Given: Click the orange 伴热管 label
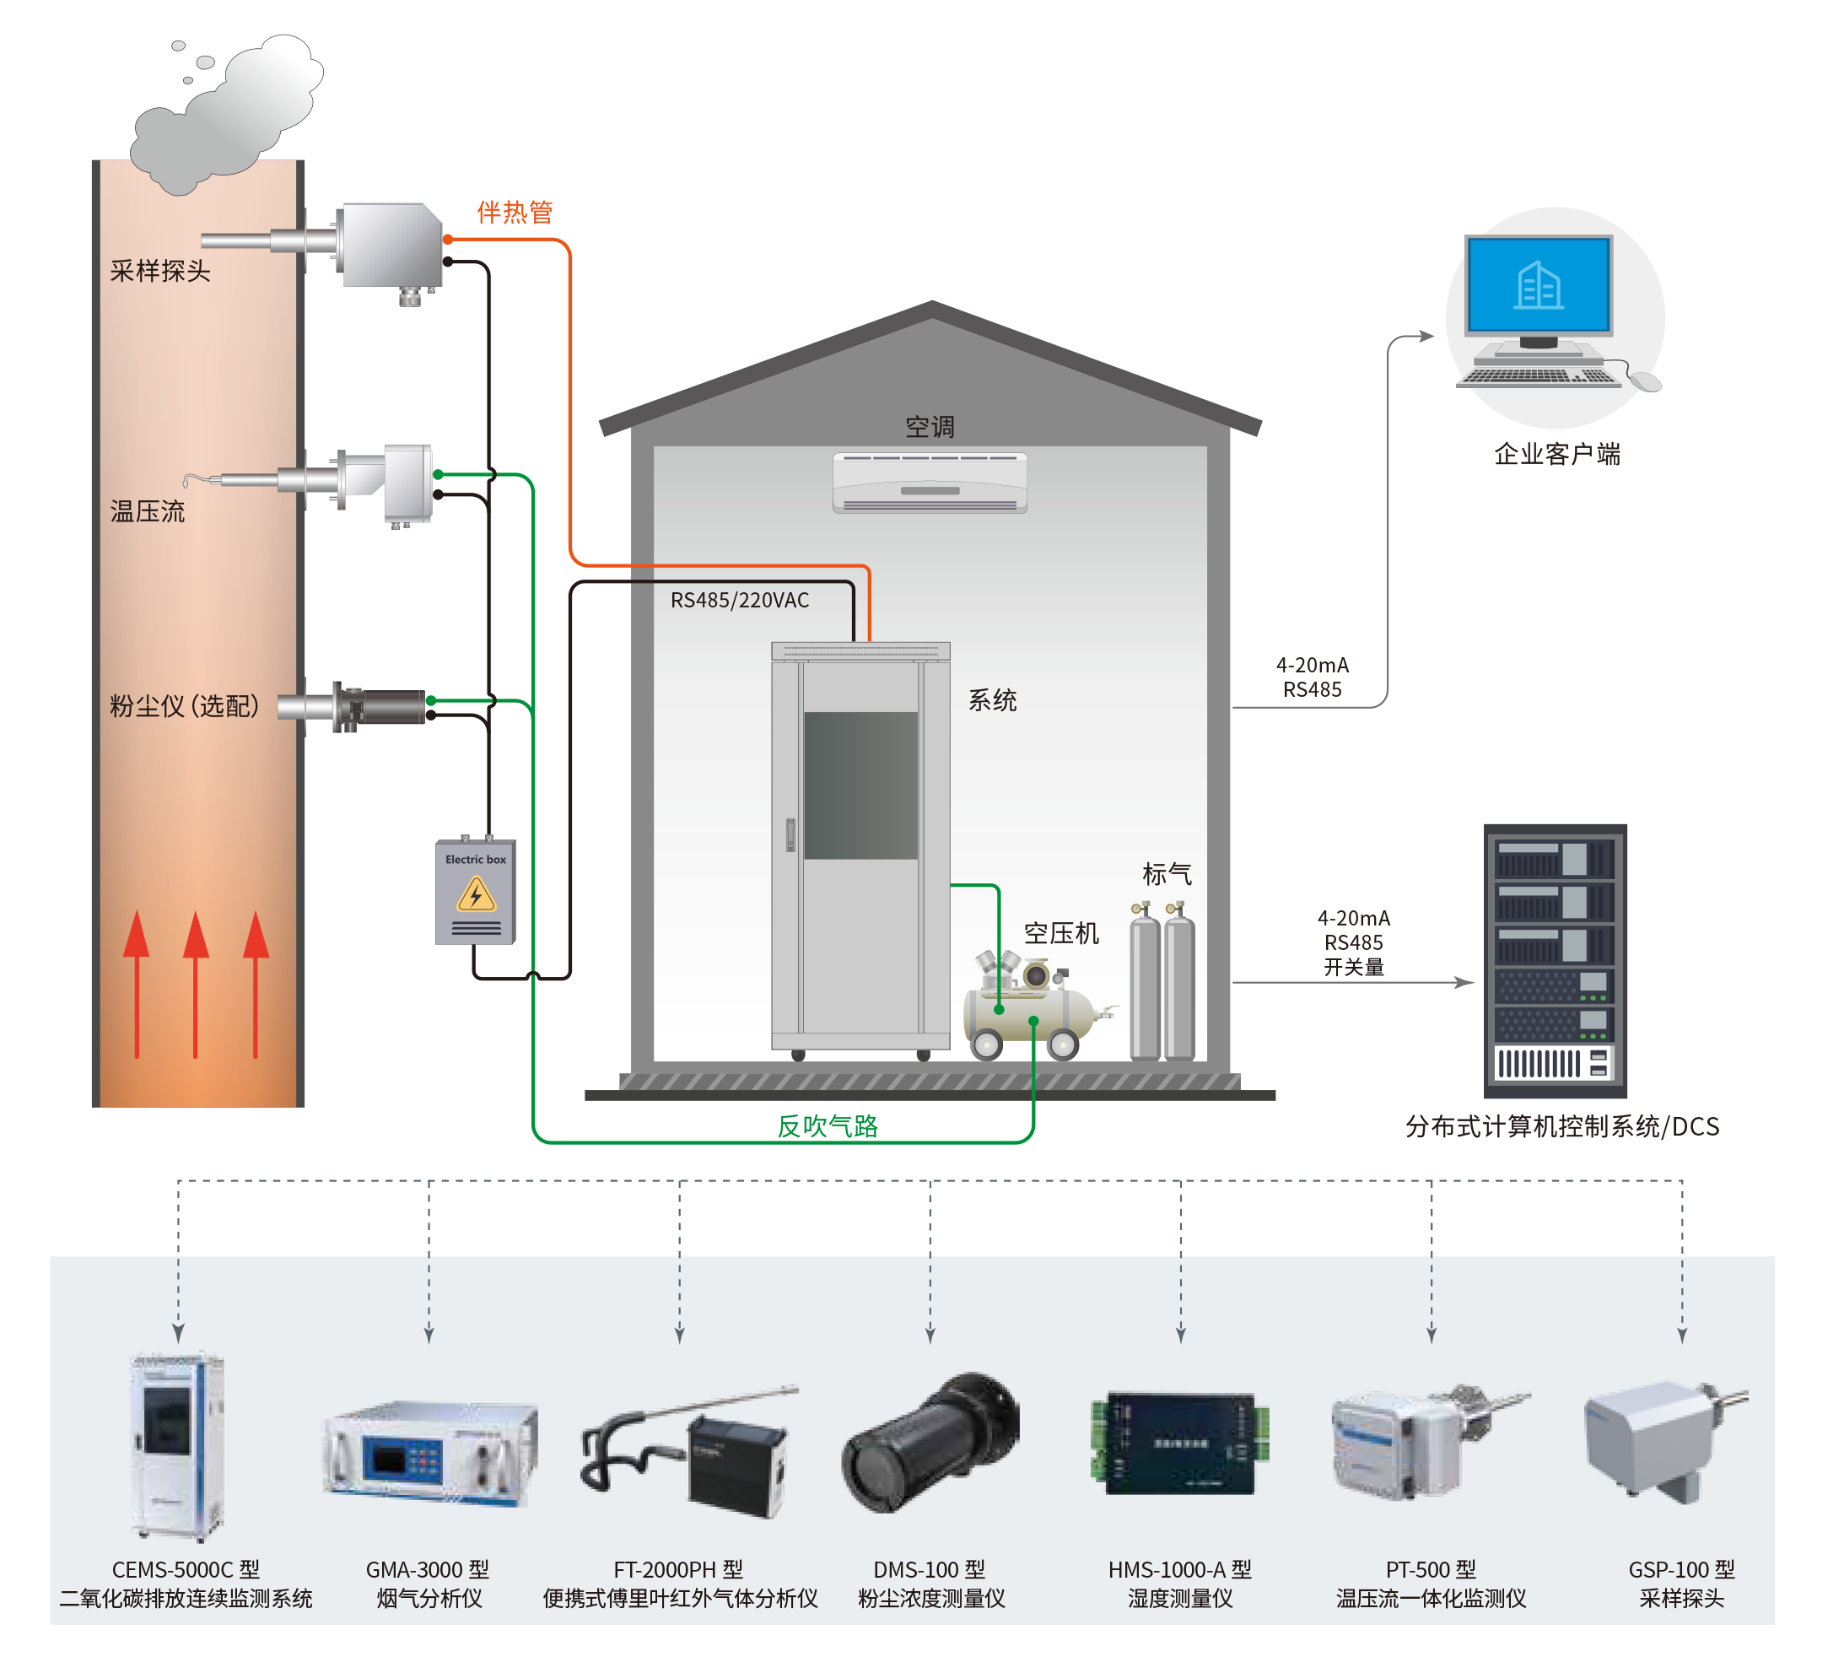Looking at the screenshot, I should pyautogui.click(x=514, y=213).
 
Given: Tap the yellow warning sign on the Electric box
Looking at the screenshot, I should pyautogui.click(x=476, y=895).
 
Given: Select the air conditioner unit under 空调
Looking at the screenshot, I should pyautogui.click(x=930, y=483).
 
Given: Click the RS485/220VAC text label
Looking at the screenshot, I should pyautogui.click(x=739, y=601).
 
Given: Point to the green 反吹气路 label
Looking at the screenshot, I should pyautogui.click(x=827, y=1126).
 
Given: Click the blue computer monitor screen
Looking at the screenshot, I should pyautogui.click(x=1539, y=284).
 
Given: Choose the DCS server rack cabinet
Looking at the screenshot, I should pyautogui.click(x=1555, y=960).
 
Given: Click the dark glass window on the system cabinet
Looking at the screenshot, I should pyautogui.click(x=860, y=785).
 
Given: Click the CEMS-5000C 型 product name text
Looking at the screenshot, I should pyautogui.click(x=185, y=1569).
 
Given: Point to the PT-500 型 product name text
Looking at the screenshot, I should pyautogui.click(x=1430, y=1569).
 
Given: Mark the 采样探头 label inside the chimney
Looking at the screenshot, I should pyautogui.click(x=159, y=271).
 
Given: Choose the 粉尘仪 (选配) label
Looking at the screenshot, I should pyautogui.click(x=184, y=705).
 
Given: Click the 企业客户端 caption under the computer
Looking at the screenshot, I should pyautogui.click(x=1556, y=454).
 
